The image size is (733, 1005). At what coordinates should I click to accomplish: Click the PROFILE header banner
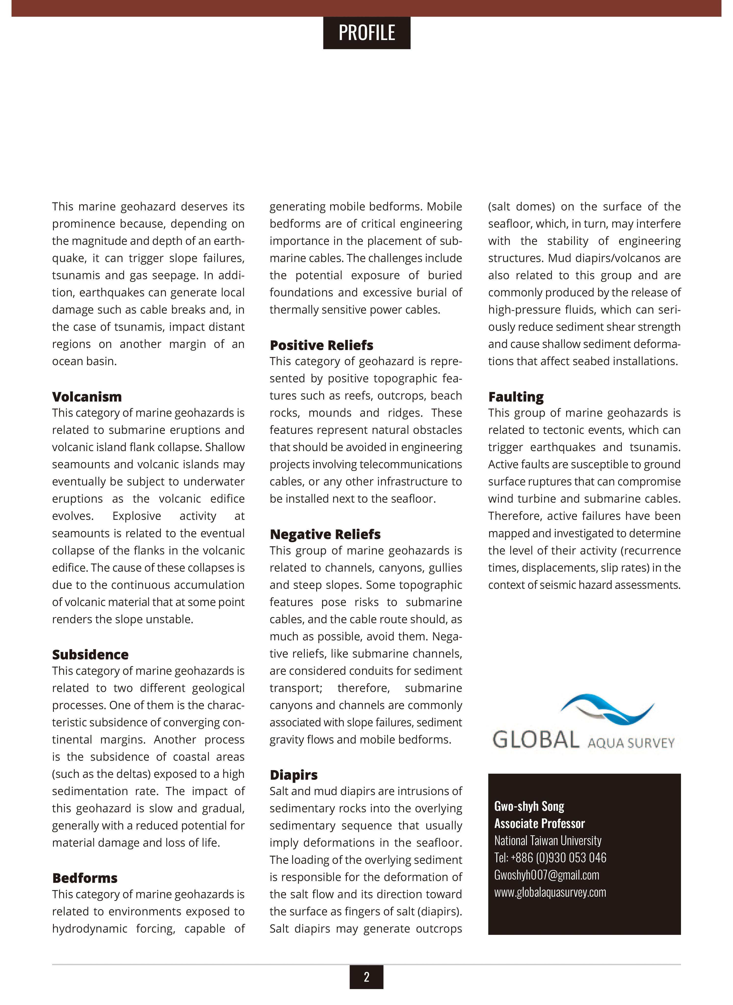coord(366,33)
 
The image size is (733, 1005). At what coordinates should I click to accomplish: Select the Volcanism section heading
coord(87,397)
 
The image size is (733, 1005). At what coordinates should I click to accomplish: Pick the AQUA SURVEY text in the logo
coord(631,743)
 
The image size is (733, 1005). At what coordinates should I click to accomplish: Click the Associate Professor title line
coord(539,823)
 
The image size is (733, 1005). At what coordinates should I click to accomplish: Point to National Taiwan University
coord(548,841)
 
